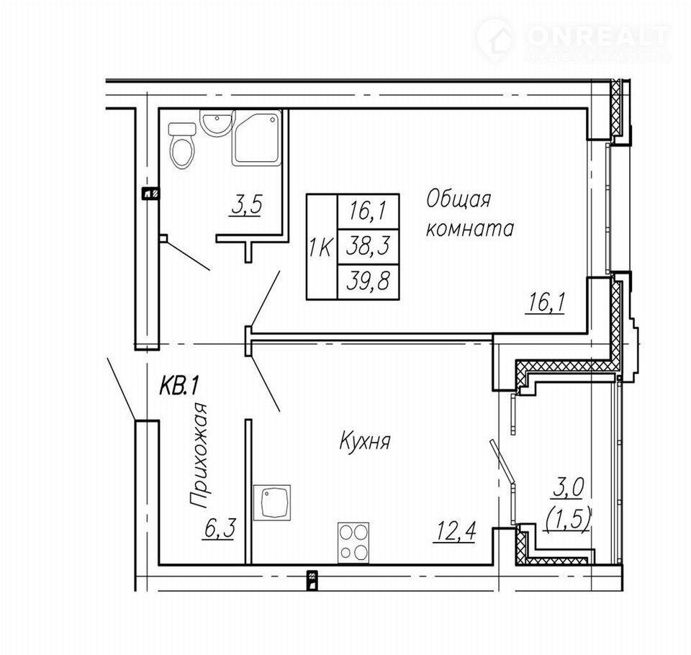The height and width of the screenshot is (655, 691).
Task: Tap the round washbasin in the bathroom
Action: point(215,122)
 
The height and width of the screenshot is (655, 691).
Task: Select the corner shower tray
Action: point(256,137)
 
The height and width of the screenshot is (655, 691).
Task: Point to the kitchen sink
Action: point(272,503)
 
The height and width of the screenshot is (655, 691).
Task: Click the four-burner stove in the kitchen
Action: point(353,543)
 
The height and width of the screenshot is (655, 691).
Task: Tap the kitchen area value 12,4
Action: point(455,530)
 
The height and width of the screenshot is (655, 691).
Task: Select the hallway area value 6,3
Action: point(220,528)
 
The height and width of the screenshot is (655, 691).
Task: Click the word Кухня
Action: point(365,441)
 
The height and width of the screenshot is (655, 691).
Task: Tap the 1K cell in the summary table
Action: point(322,247)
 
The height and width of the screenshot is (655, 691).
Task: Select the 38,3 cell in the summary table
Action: point(368,246)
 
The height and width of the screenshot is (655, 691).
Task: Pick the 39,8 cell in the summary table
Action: point(368,282)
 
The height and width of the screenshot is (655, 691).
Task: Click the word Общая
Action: point(458,200)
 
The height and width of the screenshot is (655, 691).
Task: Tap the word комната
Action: point(470,229)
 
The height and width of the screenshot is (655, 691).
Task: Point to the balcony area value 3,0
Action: point(569,489)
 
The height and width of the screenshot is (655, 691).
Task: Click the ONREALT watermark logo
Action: point(573,39)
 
